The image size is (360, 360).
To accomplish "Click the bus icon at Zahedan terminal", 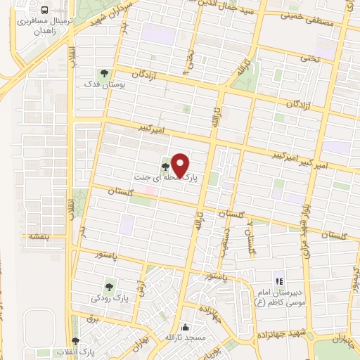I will (x=44, y=11).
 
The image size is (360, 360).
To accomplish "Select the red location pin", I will (x=180, y=166).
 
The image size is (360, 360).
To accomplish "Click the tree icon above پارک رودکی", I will (x=109, y=286).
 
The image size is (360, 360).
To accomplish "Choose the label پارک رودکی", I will (x=109, y=299).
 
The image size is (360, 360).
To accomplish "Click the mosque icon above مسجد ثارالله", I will (x=186, y=327).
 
